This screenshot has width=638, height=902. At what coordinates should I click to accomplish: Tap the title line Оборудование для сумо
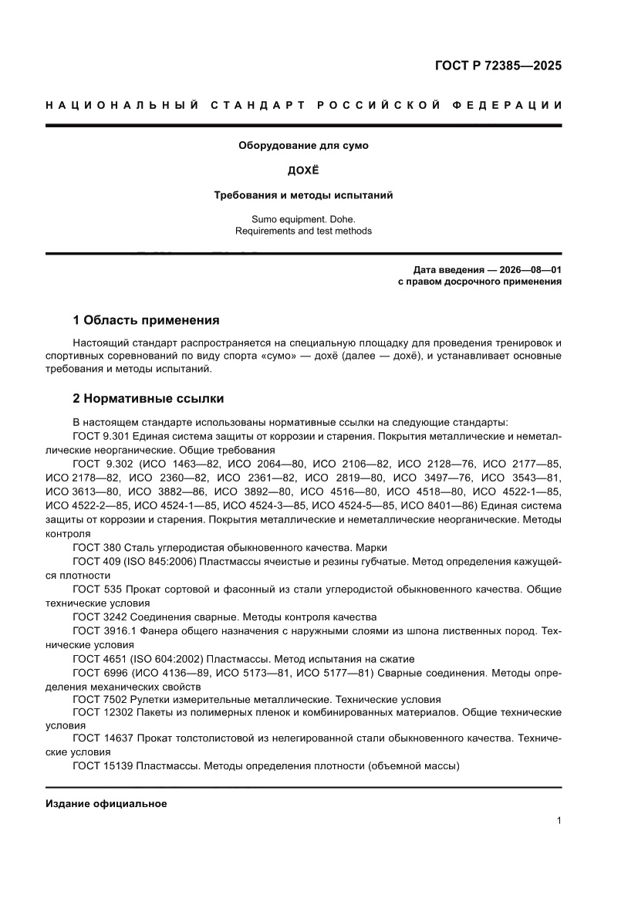point(303,145)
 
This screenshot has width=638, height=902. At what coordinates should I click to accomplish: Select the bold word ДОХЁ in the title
point(303,170)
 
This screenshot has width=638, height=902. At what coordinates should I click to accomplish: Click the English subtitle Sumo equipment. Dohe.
point(303,218)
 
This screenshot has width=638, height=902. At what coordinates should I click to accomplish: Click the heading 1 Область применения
point(146,319)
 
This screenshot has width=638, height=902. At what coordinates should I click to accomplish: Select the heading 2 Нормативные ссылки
point(148,399)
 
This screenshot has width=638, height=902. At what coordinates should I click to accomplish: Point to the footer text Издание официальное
point(106,804)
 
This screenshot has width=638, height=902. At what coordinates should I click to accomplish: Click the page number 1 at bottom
point(558,821)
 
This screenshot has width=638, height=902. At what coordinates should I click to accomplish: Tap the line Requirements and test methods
point(303,231)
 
